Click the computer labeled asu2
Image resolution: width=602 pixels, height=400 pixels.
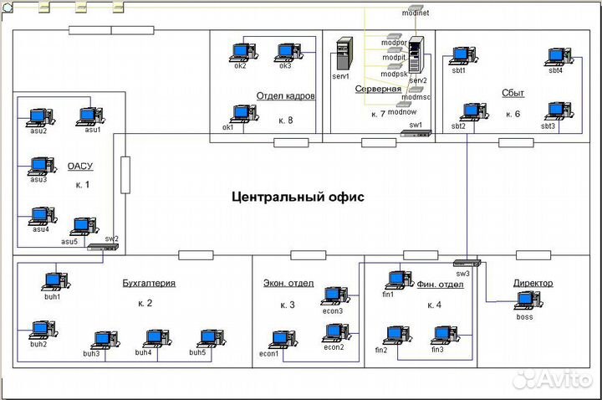[38, 116]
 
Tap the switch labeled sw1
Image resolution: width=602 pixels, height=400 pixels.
[414, 134]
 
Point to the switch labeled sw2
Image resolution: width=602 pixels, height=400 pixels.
[102, 248]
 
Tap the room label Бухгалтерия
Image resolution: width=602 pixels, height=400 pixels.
[149, 283]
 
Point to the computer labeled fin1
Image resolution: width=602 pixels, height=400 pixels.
[397, 279]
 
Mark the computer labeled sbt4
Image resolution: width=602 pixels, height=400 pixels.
[555, 56]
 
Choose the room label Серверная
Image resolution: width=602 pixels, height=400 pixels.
[379, 88]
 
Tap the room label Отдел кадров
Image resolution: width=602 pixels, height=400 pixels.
[286, 96]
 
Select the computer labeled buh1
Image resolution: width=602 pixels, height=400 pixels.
[54, 281]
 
